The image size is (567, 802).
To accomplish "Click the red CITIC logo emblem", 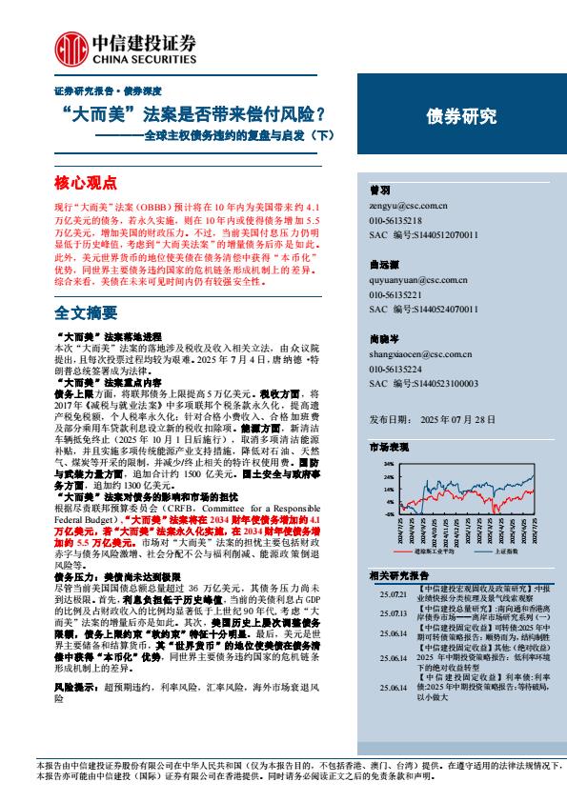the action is pos(69,45).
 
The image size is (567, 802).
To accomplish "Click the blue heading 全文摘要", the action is pos(86,311).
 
